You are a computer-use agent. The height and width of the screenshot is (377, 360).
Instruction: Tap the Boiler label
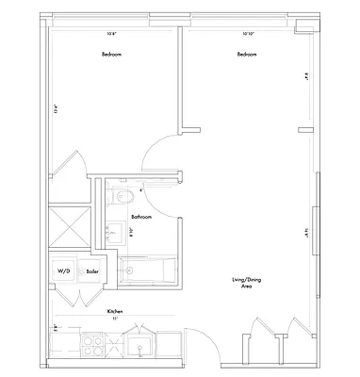(x=92, y=270)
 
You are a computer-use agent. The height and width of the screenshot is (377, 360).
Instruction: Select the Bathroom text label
(x=141, y=216)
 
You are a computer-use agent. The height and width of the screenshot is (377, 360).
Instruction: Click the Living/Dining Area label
(x=247, y=284)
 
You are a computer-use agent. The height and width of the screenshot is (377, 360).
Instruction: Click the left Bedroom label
(x=112, y=55)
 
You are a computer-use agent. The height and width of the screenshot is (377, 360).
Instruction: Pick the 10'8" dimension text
(x=112, y=35)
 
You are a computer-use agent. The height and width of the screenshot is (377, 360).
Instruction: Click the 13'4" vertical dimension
(x=56, y=109)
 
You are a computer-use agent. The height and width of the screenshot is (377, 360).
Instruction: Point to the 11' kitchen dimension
(x=116, y=319)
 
